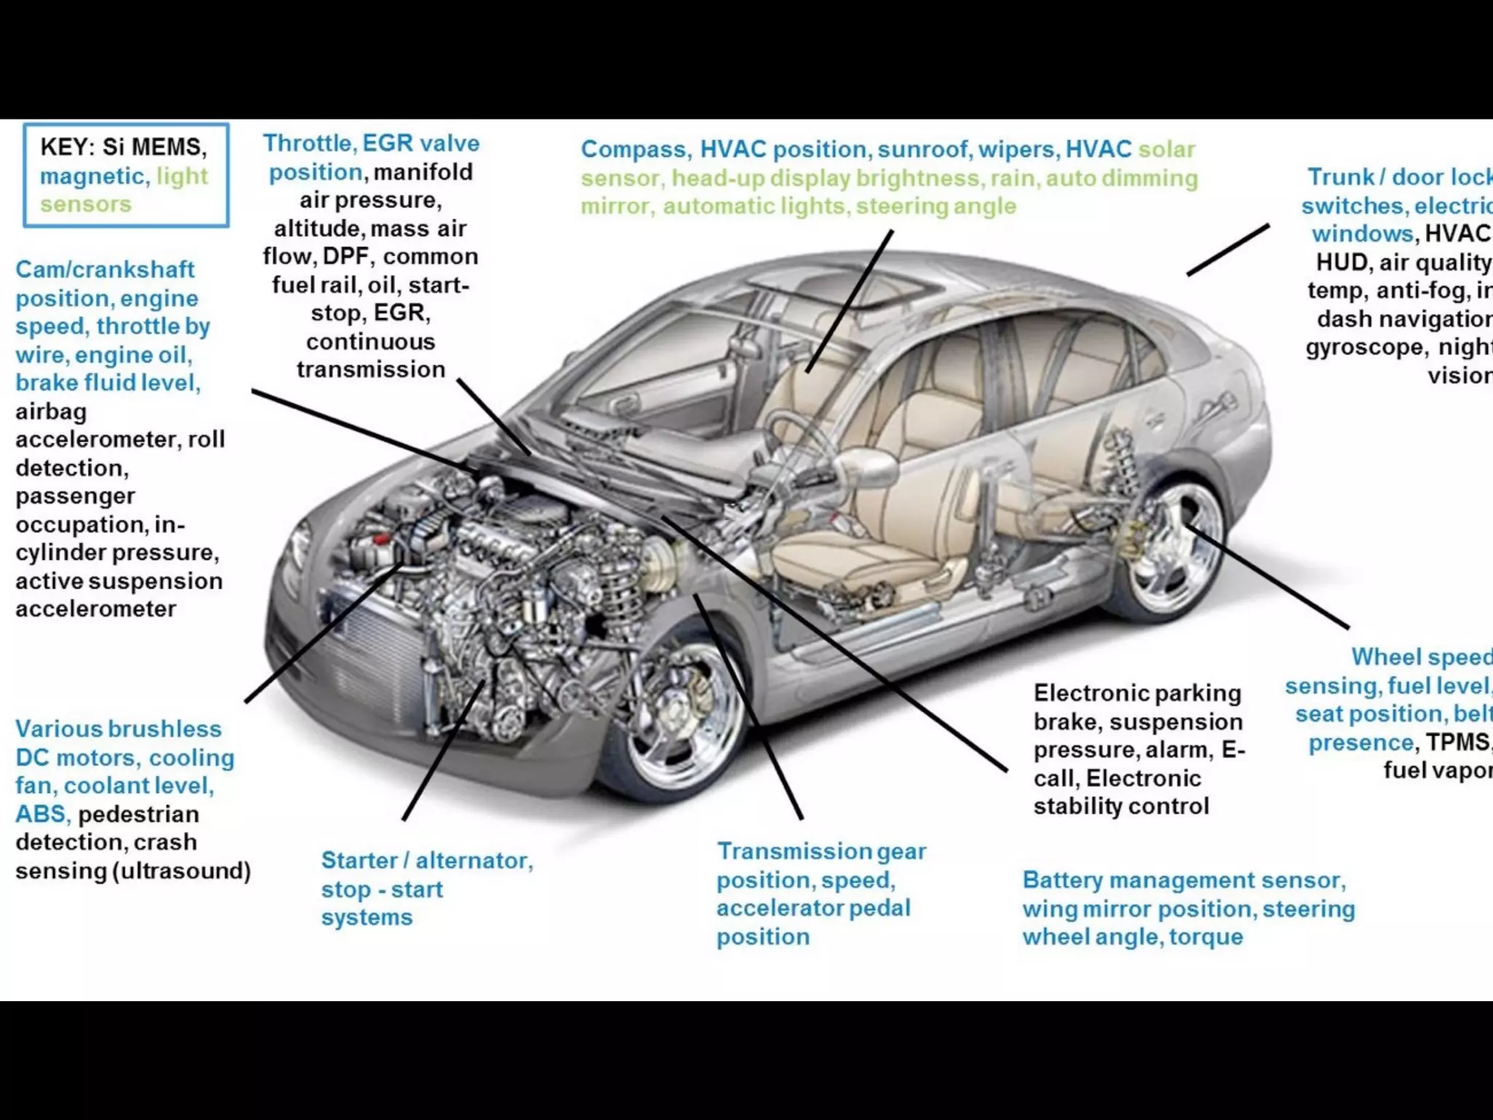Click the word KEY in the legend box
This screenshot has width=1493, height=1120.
click(x=67, y=147)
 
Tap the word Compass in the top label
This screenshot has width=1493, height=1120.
click(x=634, y=149)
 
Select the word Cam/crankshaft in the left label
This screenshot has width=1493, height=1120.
click(x=105, y=270)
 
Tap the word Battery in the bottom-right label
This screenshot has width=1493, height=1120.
click(x=1062, y=880)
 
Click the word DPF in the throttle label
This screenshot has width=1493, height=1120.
click(x=346, y=257)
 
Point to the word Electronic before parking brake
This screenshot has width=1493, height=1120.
click(x=1082, y=693)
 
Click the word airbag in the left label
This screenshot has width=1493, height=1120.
click(x=51, y=411)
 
